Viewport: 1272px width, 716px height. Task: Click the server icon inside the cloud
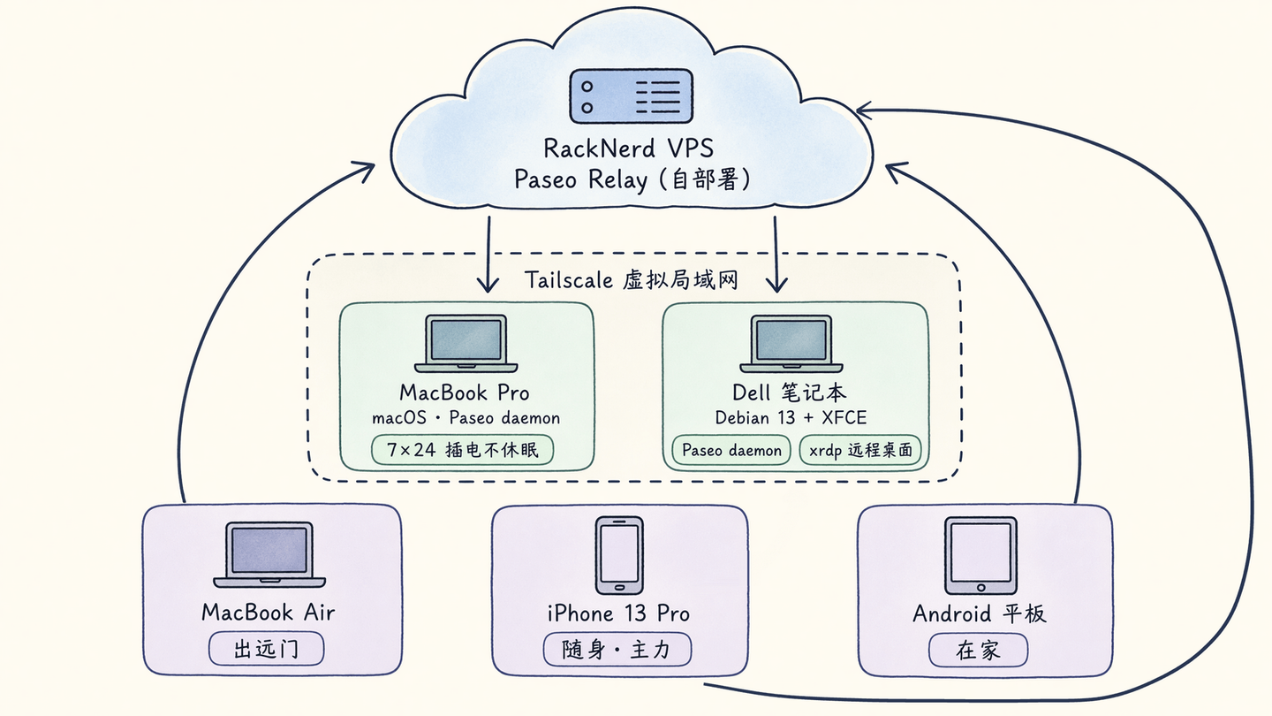pyautogui.click(x=631, y=96)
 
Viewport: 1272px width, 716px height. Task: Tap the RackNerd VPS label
pyautogui.click(x=629, y=149)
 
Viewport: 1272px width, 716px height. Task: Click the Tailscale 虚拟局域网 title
pyautogui.click(x=631, y=280)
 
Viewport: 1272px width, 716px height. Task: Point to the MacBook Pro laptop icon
pyautogui.click(x=466, y=344)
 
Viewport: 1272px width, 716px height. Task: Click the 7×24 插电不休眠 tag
pyautogui.click(x=462, y=450)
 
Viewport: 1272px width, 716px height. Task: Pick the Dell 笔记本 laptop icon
pyautogui.click(x=791, y=344)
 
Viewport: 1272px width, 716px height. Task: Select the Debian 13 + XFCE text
pyautogui.click(x=791, y=418)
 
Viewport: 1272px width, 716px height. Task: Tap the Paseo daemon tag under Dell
pyautogui.click(x=731, y=451)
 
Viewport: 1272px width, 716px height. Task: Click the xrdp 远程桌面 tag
pyautogui.click(x=860, y=451)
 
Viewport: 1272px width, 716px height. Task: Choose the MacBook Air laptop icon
pyautogui.click(x=269, y=554)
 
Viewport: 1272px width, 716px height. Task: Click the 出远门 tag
pyautogui.click(x=267, y=649)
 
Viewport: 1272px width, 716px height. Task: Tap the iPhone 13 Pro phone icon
pyautogui.click(x=619, y=555)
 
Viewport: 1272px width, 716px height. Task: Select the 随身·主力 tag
pyautogui.click(x=617, y=650)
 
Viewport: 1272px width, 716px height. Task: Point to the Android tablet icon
pyautogui.click(x=980, y=555)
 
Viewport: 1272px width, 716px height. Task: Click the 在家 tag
pyautogui.click(x=978, y=651)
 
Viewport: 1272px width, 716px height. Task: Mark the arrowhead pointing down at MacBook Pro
pyautogui.click(x=488, y=284)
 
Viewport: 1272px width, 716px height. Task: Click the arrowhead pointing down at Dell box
pyautogui.click(x=776, y=284)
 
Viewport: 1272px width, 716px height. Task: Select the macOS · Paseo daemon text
pyautogui.click(x=466, y=418)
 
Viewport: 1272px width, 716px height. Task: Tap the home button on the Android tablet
pyautogui.click(x=980, y=587)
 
